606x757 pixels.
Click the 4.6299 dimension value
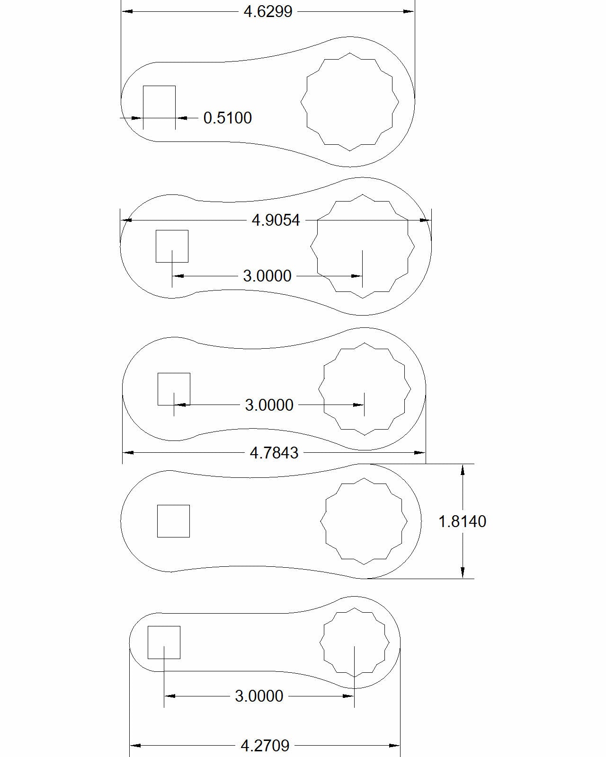point(268,11)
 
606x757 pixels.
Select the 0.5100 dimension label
point(227,118)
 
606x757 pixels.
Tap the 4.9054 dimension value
point(276,220)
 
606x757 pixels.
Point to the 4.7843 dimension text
point(274,453)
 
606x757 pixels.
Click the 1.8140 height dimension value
point(462,521)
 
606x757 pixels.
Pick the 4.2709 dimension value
point(265,746)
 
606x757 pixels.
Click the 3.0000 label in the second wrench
point(267,276)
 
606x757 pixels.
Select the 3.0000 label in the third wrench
point(269,405)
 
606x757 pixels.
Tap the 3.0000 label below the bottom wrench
point(259,696)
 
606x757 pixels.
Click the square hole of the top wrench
point(159,102)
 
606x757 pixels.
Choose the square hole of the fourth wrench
point(173,521)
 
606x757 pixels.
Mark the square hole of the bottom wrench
point(164,643)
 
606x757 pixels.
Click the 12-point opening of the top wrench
point(350,102)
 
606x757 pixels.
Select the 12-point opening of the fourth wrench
point(364,521)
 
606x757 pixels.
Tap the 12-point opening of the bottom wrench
point(354,643)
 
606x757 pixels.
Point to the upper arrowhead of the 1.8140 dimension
point(463,469)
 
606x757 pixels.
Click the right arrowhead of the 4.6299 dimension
point(409,11)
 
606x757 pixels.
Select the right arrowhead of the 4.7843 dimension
point(420,453)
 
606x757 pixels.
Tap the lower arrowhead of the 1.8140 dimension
point(463,573)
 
